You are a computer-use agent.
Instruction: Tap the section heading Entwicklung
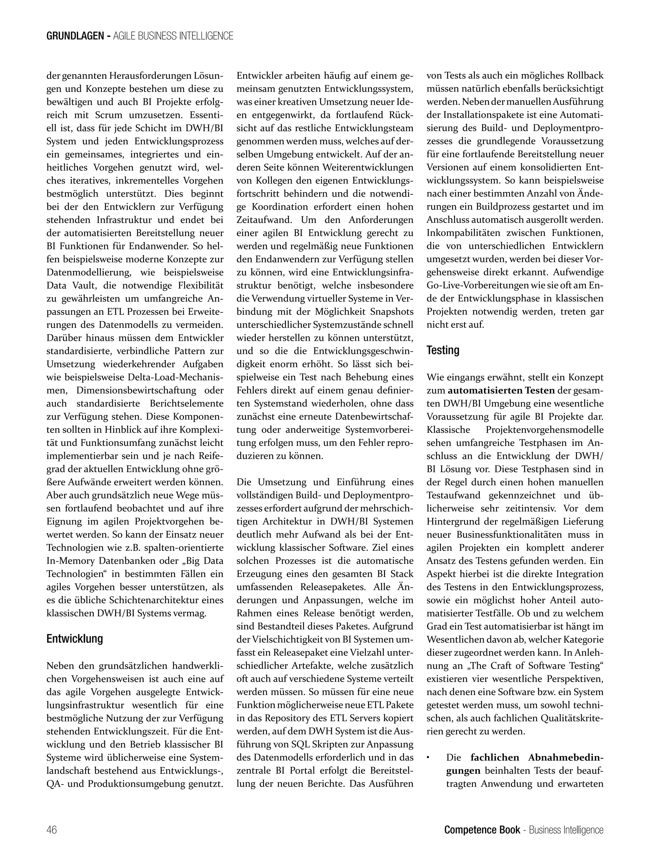tap(75, 639)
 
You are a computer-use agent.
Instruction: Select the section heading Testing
tap(443, 350)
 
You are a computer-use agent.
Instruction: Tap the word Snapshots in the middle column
tap(392, 312)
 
